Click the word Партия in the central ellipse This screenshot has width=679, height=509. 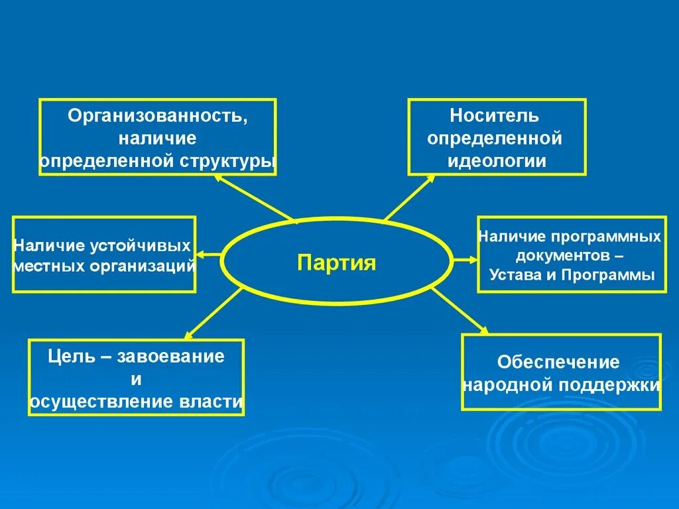pyautogui.click(x=336, y=263)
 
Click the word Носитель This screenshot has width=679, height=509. pyautogui.click(x=495, y=116)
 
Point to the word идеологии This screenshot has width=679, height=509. pyautogui.click(x=497, y=161)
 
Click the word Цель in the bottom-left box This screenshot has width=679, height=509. pyautogui.click(x=69, y=357)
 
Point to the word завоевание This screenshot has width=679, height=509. pyautogui.click(x=171, y=357)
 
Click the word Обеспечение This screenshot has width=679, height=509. pyautogui.click(x=558, y=363)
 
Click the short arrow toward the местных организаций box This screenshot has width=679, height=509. pyautogui.click(x=208, y=254)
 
